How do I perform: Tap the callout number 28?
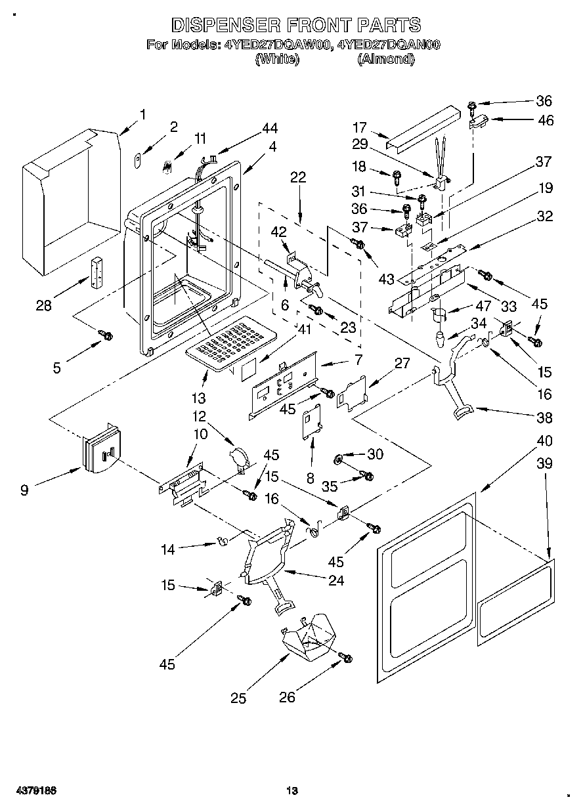click(x=43, y=306)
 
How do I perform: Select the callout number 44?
click(x=270, y=128)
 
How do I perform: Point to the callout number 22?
click(x=298, y=177)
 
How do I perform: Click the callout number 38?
click(x=544, y=417)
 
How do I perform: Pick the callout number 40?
click(x=544, y=441)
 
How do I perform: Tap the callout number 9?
click(x=24, y=490)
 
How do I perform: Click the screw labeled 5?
click(x=106, y=335)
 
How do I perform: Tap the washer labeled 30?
click(x=338, y=460)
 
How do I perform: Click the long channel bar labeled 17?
click(x=424, y=127)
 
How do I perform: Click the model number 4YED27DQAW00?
click(x=277, y=45)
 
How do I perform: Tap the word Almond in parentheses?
click(x=385, y=59)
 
